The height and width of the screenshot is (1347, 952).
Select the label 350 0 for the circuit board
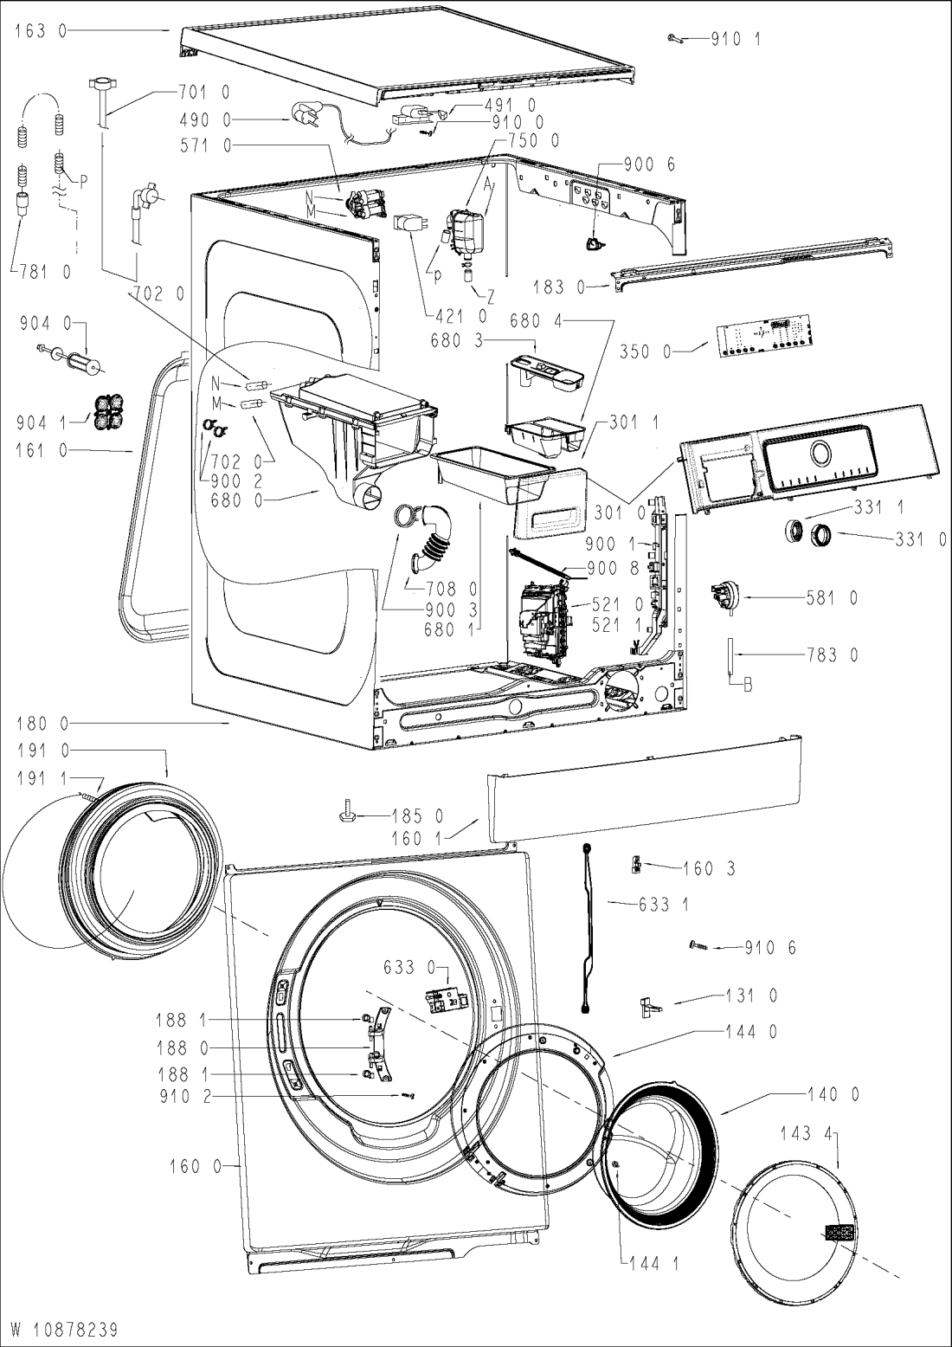(644, 351)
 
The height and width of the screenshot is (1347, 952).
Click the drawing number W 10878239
(64, 1327)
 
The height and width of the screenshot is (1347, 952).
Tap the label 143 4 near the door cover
(807, 1134)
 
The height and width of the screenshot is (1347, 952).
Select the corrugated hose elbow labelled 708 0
(432, 534)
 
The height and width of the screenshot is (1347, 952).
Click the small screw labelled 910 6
(699, 946)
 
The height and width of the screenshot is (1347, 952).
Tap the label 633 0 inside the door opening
(410, 968)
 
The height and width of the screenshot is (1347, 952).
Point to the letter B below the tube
(748, 685)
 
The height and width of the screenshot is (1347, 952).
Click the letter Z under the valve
(491, 295)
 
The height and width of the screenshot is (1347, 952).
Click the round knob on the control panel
(820, 452)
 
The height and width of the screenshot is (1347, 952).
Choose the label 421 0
(460, 315)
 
